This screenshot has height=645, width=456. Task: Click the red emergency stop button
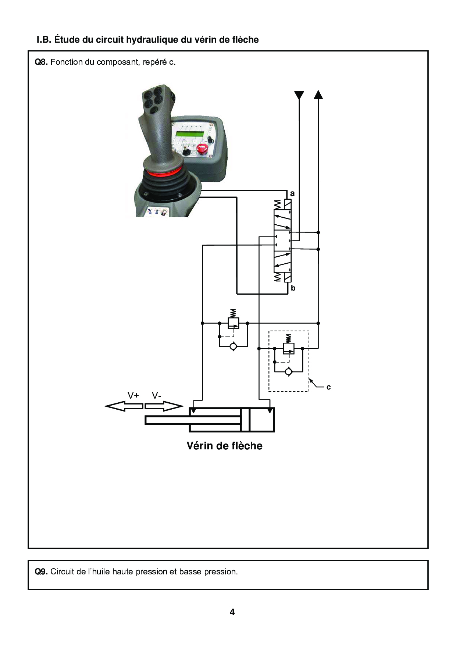point(201,149)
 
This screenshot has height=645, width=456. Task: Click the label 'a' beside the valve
point(292,193)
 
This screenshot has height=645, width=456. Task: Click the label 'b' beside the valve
point(293,288)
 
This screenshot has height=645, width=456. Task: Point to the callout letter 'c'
point(328,387)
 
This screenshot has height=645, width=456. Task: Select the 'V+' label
point(133,395)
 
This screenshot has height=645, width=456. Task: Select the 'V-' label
point(157,395)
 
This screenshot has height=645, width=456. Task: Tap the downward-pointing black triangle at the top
point(299,95)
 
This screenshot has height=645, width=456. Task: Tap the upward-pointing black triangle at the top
point(318,95)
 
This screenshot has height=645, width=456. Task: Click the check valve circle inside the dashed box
point(289,372)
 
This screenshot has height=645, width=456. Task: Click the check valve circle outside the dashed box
point(233,346)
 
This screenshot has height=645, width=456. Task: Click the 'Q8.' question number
point(41,62)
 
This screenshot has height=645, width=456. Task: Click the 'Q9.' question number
point(41,571)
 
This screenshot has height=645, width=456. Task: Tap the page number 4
point(232,612)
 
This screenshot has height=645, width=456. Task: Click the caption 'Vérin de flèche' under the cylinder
point(224,446)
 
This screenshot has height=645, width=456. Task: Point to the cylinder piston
point(245,420)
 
